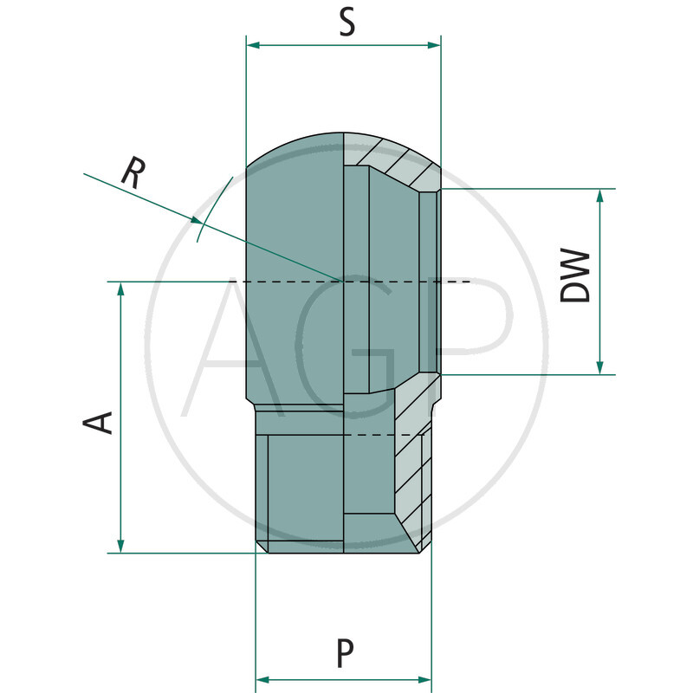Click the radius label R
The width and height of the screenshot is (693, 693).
coord(132,173)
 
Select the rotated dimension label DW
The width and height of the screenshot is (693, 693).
coord(575,276)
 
